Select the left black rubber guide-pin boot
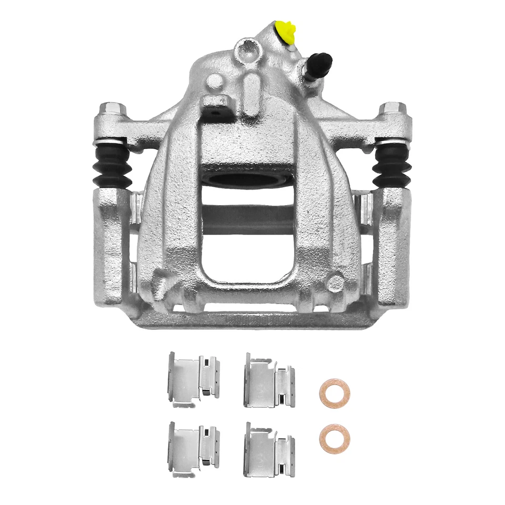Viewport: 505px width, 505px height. pos(111,164)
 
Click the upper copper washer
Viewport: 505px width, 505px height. pos(334,392)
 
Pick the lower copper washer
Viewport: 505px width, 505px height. pos(333,438)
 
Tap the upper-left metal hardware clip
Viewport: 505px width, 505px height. pos(193,379)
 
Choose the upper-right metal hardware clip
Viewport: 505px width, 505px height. pos(268,380)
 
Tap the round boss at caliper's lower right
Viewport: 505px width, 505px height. pos(335,284)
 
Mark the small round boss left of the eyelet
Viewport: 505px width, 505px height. pos(215,81)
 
